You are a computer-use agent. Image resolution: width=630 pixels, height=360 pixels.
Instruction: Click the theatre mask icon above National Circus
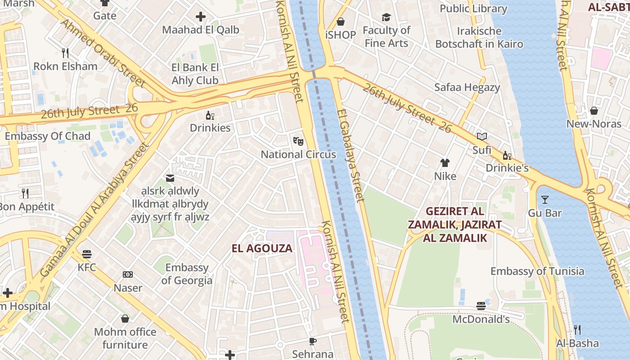point(298,141)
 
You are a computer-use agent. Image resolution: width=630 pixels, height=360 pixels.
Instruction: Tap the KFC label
point(87,267)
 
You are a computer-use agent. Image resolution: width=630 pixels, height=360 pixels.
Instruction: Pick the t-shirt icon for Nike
point(445,163)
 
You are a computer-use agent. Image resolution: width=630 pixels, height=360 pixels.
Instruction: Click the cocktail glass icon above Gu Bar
point(545,199)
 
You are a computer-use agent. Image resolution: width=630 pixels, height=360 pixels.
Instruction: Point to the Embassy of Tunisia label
point(537,271)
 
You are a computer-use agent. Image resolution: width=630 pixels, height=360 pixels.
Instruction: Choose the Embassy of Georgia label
point(187,274)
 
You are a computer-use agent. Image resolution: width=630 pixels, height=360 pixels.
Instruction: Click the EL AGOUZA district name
point(262,248)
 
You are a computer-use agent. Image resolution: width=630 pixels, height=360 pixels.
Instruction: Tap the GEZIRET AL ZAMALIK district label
point(455,225)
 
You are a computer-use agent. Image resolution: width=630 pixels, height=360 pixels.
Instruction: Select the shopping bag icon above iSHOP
point(341,22)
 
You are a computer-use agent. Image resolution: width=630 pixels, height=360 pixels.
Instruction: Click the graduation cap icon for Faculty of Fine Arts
point(386,18)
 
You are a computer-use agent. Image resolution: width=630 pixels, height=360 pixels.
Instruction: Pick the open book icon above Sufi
point(481,136)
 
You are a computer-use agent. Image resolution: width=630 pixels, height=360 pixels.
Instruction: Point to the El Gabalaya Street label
point(351,155)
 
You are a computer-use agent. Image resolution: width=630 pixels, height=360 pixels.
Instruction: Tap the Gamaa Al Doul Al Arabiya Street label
point(94,209)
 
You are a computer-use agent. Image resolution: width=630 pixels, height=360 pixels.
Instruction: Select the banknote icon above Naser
point(128,274)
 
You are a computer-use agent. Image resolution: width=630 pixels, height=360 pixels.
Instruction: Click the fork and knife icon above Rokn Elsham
point(65,53)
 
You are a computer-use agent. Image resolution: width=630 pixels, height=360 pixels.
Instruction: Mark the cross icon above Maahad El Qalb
point(201,17)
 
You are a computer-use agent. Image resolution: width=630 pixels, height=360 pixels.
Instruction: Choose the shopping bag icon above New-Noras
point(594,111)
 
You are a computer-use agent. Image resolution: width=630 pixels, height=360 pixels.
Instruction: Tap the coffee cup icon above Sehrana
point(313,341)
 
